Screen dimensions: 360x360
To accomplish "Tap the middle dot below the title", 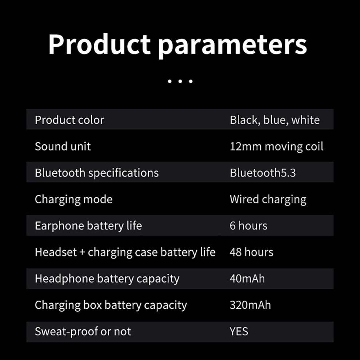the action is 180,81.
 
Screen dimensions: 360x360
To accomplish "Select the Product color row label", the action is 69,120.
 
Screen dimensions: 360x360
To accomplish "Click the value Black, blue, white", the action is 275,120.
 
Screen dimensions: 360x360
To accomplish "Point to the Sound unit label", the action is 63,147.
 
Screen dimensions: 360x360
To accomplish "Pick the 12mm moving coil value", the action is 276,147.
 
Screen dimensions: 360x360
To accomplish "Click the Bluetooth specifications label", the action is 97,173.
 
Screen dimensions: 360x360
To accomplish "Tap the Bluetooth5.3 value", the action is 263,173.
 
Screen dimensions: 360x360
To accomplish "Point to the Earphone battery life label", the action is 88,226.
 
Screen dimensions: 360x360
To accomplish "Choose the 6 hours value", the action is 248,226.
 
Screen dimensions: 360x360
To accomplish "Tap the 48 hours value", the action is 251,252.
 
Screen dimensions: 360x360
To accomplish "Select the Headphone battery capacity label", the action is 107,279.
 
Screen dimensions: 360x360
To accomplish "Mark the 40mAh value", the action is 247,279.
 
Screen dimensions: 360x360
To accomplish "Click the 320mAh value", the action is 250,305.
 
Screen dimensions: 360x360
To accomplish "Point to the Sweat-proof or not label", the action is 83,332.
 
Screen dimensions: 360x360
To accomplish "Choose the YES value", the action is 239,332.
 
